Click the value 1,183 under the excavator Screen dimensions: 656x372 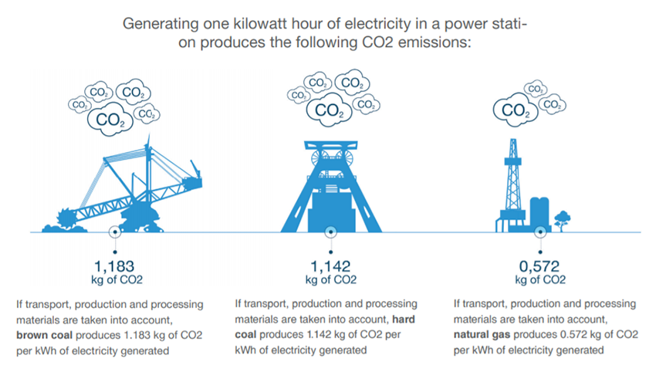point(114,266)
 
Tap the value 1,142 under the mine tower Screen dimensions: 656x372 point(330,266)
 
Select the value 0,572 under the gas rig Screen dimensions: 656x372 point(539,266)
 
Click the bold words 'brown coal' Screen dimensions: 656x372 point(44,335)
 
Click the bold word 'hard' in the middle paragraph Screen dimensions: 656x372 point(404,320)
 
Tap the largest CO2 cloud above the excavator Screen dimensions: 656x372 point(110,120)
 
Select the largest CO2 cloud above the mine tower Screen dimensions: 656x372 point(330,110)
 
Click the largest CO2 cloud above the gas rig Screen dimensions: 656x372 point(516,110)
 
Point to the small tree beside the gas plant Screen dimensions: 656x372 point(563,221)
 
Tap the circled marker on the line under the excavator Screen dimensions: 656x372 point(115,232)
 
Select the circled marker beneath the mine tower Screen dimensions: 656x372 point(330,232)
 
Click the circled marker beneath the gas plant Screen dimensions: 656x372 point(540,232)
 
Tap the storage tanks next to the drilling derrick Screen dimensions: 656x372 point(539,214)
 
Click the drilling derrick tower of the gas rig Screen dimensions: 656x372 point(513,180)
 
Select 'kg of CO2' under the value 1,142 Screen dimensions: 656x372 point(331,279)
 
